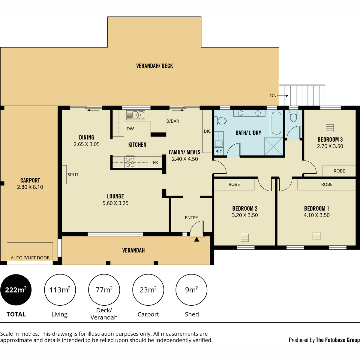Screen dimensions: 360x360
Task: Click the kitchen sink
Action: (135, 115)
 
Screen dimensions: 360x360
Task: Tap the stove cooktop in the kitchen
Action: (130, 162)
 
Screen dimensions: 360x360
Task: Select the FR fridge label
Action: (155, 162)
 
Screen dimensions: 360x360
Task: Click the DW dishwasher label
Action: (130, 128)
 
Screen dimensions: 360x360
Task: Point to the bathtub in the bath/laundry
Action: (276, 123)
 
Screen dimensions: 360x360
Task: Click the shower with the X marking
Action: (274, 146)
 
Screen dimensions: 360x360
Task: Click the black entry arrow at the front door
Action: (196, 239)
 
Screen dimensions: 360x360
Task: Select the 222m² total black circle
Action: (16, 290)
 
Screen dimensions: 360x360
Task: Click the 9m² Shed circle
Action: (191, 290)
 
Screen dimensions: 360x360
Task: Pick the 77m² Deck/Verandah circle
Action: (104, 290)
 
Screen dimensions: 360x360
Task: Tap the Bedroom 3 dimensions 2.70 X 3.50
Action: (330, 146)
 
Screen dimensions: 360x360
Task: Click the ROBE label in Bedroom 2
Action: (234, 184)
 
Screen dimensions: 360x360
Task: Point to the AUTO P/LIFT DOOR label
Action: (30, 258)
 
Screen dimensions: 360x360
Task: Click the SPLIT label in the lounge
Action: (73, 175)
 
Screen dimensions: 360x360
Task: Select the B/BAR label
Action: (172, 121)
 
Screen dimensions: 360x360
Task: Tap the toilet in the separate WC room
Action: (293, 116)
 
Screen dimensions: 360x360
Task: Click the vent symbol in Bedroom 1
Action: (316, 236)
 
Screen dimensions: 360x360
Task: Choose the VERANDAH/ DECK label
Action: (154, 66)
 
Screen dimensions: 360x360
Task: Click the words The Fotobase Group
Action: (338, 340)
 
